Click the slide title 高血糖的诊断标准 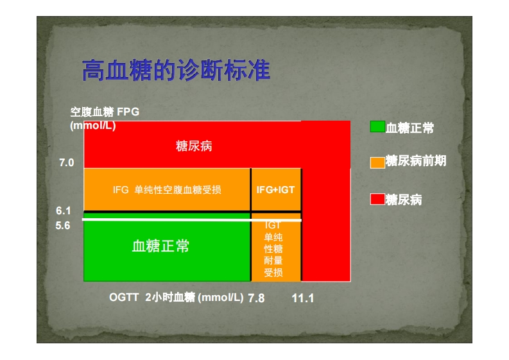point(176,70)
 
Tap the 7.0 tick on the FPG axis point(67,162)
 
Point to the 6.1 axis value point(64,210)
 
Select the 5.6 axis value point(63,225)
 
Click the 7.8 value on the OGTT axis point(256,298)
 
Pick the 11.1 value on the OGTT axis point(303,298)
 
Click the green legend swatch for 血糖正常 point(377,126)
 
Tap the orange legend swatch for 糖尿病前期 point(377,162)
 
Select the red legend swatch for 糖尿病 point(377,199)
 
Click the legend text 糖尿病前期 point(416,160)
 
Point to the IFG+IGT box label point(275,189)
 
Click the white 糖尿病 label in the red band point(194,146)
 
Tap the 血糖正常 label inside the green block point(160,246)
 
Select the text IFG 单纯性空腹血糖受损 point(167,189)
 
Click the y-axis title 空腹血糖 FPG point(105,112)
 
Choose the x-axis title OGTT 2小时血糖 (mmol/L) point(177,297)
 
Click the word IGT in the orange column point(273,225)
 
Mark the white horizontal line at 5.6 point(192,219)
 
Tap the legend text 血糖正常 point(410,128)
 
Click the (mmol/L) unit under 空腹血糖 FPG point(93,126)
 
